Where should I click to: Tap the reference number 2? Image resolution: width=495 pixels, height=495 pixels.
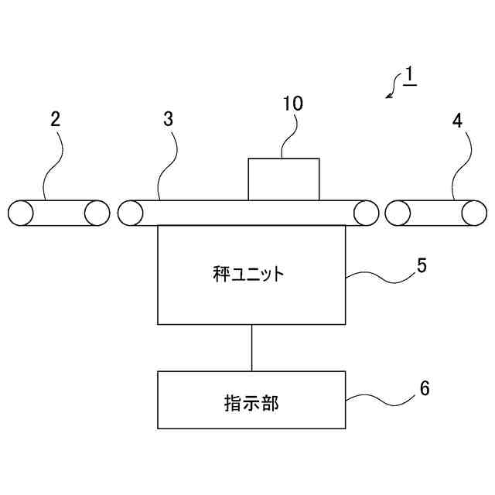coord(55,120)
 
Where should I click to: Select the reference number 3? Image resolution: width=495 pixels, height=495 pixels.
coord(169,120)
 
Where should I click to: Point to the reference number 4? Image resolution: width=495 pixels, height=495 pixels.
coord(458,120)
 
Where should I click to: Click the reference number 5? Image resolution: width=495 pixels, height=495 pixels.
coord(422,265)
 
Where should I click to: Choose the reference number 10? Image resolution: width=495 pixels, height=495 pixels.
coord(293,104)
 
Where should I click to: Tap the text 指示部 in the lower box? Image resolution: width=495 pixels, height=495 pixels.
coord(251,403)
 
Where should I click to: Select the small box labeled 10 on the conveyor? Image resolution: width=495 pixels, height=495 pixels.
coord(283,179)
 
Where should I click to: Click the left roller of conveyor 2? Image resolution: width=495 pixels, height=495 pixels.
coord(20,213)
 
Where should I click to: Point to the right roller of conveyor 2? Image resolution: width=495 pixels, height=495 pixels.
coord(97,213)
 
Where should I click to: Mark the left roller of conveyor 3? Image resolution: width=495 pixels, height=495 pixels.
coord(131,213)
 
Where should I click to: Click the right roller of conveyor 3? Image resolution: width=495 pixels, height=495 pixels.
coord(365,213)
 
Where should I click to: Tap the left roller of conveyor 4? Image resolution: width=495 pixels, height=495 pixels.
coord(398,213)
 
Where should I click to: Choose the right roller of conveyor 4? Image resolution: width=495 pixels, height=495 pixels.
coord(473,213)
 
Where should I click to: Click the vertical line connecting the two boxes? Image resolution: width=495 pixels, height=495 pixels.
coord(251,347)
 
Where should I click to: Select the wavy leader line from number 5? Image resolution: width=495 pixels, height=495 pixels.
coord(378,276)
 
